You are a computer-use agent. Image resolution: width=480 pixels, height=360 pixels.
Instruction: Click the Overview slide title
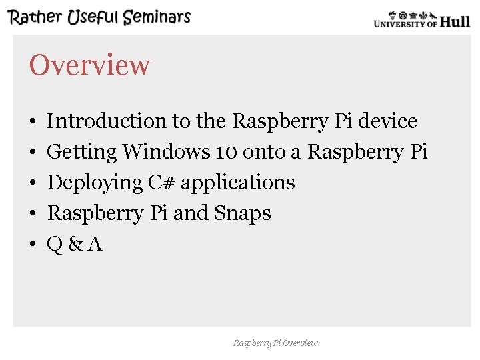click(x=89, y=65)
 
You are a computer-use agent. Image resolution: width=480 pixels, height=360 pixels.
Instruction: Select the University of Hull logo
click(x=421, y=19)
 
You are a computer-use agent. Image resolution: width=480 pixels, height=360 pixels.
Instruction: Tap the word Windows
click(x=166, y=152)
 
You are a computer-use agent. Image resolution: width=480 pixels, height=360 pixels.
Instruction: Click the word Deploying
click(x=96, y=183)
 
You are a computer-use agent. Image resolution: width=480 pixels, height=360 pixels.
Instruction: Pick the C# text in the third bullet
click(x=161, y=183)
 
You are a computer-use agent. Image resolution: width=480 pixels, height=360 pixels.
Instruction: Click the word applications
click(x=238, y=183)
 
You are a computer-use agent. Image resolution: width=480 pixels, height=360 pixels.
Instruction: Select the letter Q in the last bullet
click(x=55, y=244)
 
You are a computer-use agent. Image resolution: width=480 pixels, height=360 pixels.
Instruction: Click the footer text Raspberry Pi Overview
click(x=275, y=343)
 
